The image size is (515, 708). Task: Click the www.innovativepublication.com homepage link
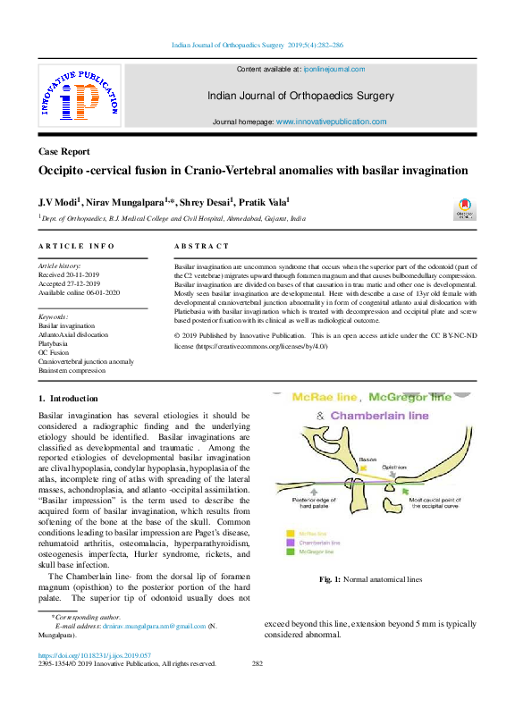click(x=331, y=122)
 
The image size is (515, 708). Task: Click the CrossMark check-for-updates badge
click(x=465, y=212)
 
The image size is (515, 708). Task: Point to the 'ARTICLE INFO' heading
click(x=76, y=246)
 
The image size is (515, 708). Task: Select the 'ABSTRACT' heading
click(x=201, y=246)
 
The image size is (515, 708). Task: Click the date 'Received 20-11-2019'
click(x=71, y=275)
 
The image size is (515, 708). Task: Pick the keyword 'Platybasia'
click(x=55, y=342)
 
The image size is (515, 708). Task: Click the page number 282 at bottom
click(x=257, y=663)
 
